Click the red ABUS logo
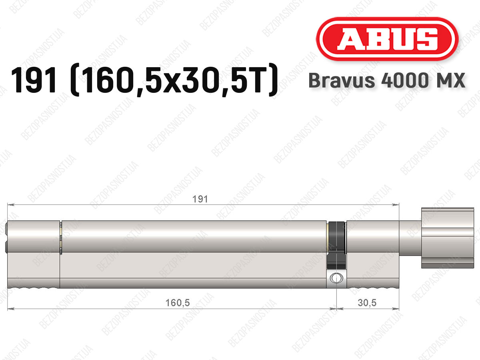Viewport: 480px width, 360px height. (x=387, y=39)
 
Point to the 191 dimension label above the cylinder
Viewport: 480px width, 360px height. (x=200, y=199)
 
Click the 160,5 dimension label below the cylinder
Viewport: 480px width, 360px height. (x=177, y=303)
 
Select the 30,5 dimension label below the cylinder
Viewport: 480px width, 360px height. (x=367, y=303)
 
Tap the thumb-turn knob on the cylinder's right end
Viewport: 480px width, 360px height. (x=448, y=238)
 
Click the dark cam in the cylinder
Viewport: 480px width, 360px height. (x=336, y=245)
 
